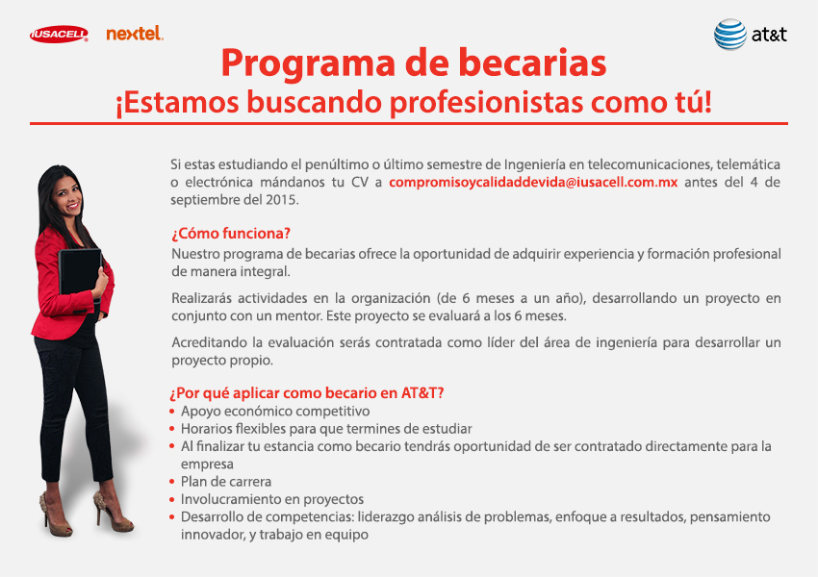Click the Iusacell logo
point(59,34)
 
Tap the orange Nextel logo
point(135,34)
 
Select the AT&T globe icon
point(730,35)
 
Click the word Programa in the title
point(308,63)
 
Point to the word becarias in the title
point(532,63)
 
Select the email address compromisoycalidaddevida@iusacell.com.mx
point(533,183)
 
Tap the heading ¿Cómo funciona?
point(231,234)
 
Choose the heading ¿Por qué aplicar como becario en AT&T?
point(307,393)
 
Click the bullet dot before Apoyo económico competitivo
point(172,412)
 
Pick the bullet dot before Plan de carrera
point(172,482)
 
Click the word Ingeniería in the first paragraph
point(535,165)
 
